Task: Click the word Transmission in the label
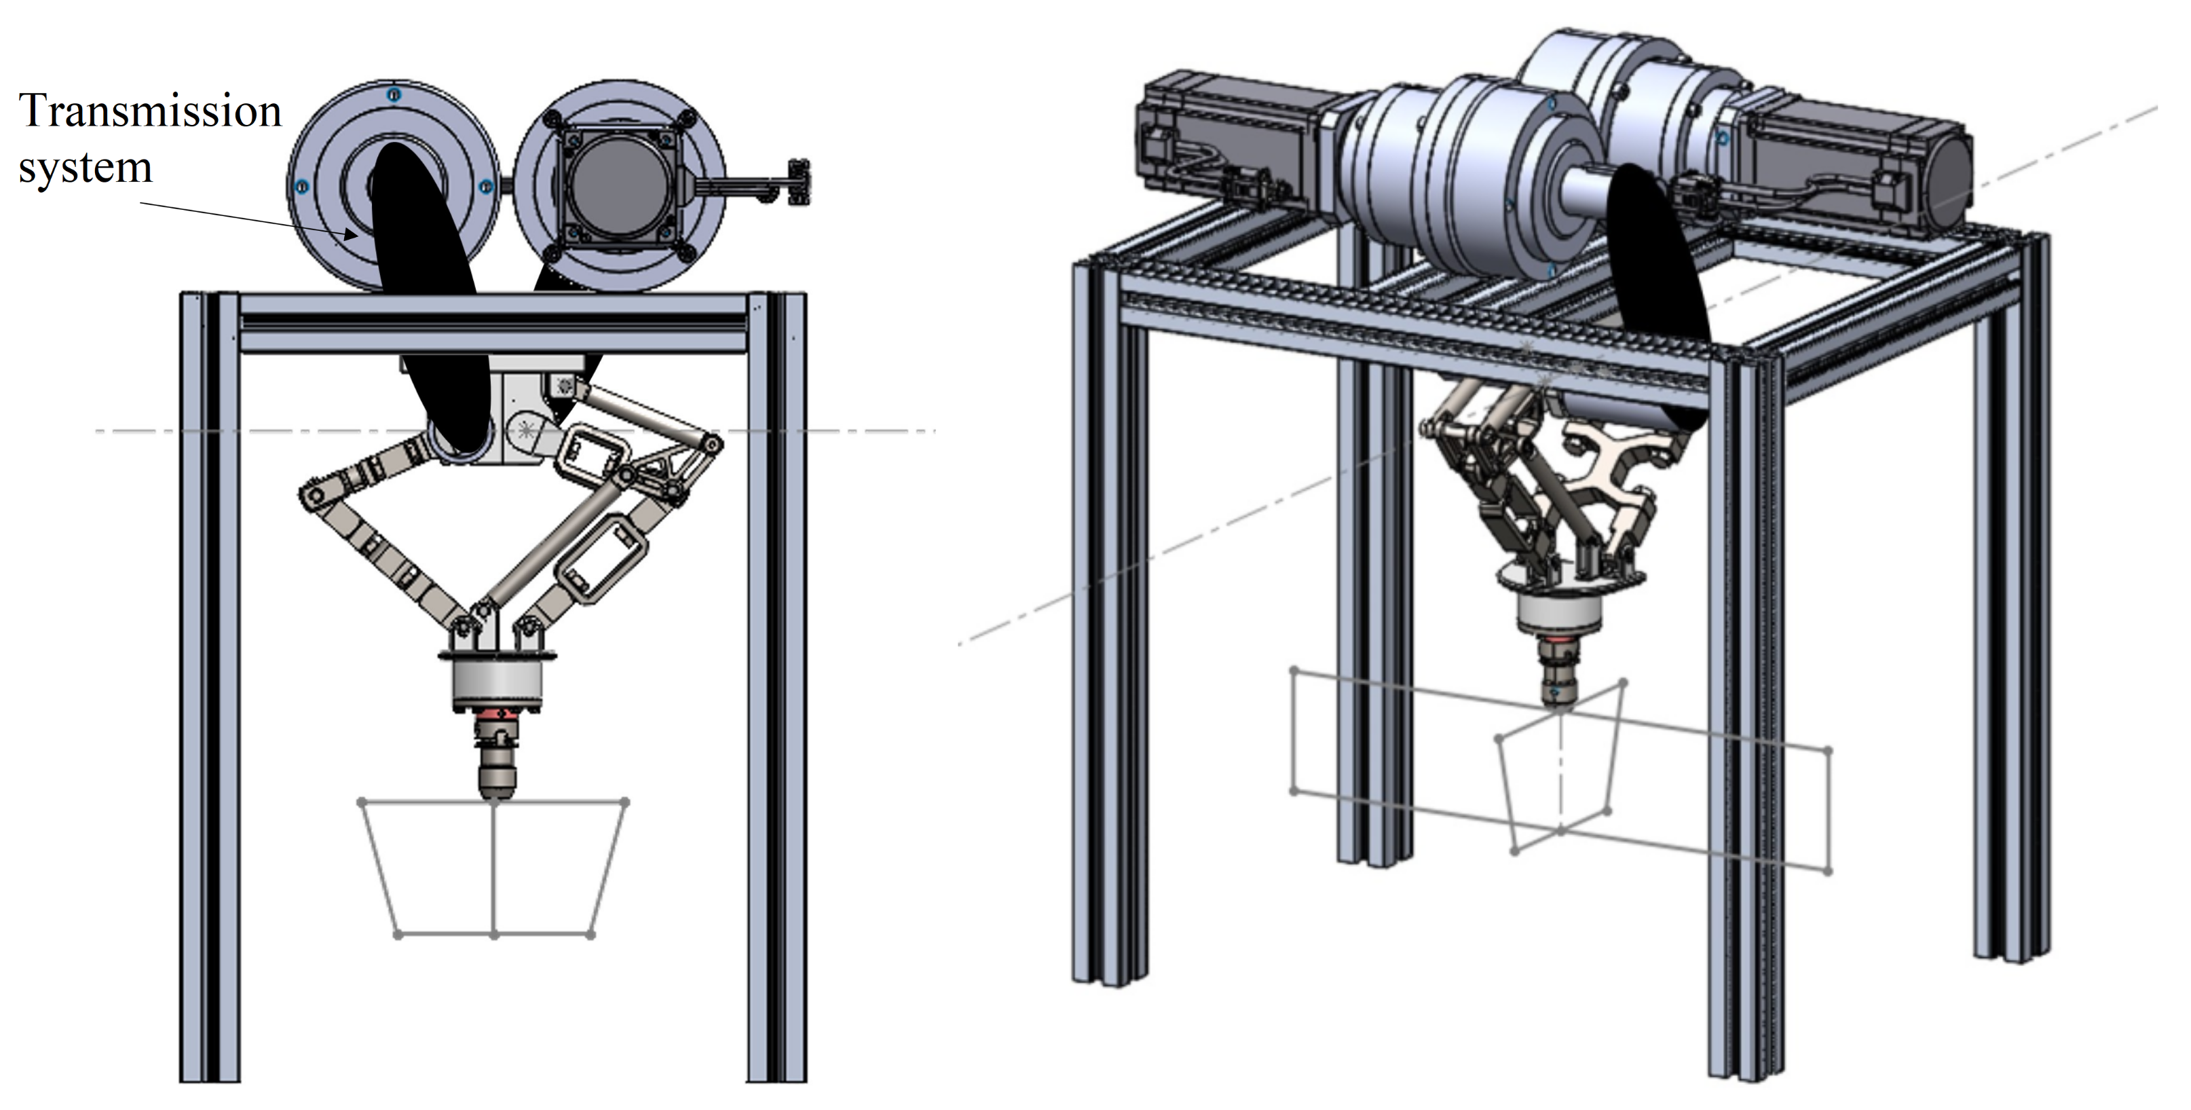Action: click(x=150, y=111)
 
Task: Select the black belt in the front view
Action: click(x=430, y=298)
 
